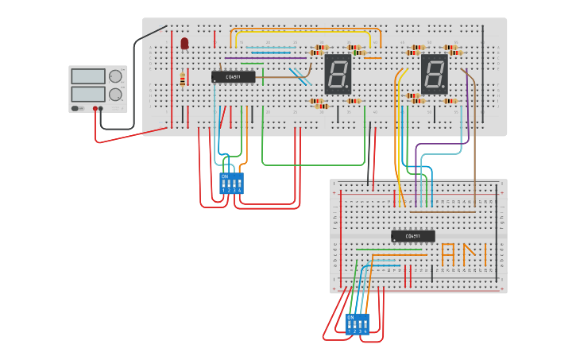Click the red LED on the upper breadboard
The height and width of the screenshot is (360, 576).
(x=184, y=42)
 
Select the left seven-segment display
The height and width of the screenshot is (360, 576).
(x=338, y=74)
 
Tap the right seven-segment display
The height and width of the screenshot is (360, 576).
(x=434, y=74)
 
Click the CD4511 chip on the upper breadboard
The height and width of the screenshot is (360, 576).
(x=234, y=77)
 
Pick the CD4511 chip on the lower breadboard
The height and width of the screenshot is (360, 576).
(x=413, y=236)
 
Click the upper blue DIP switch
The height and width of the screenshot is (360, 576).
(x=231, y=184)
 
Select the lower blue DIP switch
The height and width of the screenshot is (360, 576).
(x=358, y=323)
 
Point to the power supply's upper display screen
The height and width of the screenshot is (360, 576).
(x=87, y=76)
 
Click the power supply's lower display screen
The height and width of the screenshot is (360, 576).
(x=87, y=94)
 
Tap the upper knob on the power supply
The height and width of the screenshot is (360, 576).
(x=116, y=76)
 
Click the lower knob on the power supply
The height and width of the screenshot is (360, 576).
(x=116, y=94)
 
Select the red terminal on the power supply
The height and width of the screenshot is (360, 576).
(x=95, y=109)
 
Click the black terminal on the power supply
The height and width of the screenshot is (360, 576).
(x=101, y=109)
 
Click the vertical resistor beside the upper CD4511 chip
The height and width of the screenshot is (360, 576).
(x=182, y=79)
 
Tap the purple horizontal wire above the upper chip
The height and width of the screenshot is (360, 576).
(x=265, y=57)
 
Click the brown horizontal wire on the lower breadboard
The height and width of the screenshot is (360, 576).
(x=442, y=211)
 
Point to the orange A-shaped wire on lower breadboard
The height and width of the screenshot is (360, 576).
(x=448, y=254)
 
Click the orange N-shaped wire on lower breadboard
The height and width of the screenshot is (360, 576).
(x=474, y=254)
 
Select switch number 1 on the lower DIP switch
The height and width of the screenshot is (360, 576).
(x=350, y=325)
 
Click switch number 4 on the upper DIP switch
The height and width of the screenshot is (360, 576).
(x=239, y=185)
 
